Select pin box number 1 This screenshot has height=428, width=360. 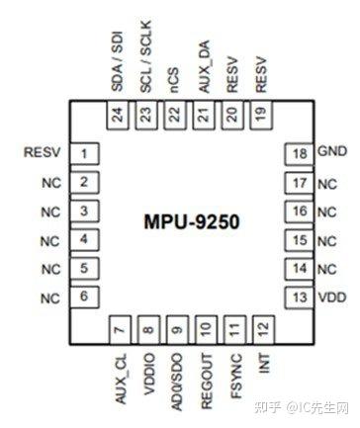point(86,153)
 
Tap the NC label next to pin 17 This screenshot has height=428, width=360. point(326,183)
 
